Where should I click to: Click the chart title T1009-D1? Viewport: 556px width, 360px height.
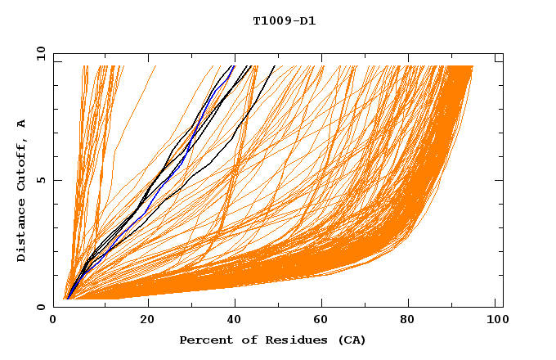tap(284, 20)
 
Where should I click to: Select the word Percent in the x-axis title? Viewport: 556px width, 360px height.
tap(204, 340)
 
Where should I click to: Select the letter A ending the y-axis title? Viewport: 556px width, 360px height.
tap(21, 124)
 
